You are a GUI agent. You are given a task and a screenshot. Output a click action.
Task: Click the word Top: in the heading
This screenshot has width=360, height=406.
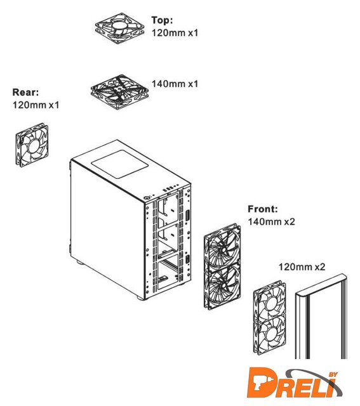pyautogui.click(x=162, y=20)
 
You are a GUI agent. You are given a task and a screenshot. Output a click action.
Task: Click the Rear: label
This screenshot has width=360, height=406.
pyautogui.click(x=25, y=92)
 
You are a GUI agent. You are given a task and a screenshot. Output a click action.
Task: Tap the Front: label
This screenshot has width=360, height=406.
pyautogui.click(x=263, y=209)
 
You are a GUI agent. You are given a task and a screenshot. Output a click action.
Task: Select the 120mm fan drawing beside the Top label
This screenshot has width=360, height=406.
pyautogui.click(x=120, y=28)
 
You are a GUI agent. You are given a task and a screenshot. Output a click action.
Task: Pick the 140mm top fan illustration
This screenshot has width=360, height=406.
pyautogui.click(x=119, y=91)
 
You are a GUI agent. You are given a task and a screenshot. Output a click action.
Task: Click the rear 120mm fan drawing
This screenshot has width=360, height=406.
pyautogui.click(x=32, y=145)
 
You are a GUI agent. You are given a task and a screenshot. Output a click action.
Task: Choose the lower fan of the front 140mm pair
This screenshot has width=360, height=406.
pyautogui.click(x=223, y=287)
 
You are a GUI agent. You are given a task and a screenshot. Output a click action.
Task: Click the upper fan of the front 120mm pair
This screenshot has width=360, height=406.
pyautogui.click(x=270, y=300)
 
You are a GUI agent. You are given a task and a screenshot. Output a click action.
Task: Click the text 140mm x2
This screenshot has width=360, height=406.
pyautogui.click(x=271, y=221)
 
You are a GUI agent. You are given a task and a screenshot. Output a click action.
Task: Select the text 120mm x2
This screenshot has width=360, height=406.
pyautogui.click(x=302, y=266)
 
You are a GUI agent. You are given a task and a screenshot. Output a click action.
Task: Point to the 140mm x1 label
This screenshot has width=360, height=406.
pyautogui.click(x=175, y=84)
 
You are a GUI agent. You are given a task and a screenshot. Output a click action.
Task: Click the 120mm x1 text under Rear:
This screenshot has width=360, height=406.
pyautogui.click(x=36, y=105)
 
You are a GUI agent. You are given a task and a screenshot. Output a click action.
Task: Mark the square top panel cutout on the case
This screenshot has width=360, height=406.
pyautogui.click(x=119, y=164)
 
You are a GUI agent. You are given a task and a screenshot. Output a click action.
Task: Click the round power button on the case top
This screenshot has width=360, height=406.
pyautogui.click(x=147, y=198)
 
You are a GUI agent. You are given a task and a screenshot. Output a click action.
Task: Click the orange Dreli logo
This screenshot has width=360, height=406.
pyautogui.click(x=293, y=385)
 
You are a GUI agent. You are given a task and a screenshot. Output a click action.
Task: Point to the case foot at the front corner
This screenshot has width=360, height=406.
pyautogui.click(x=141, y=298)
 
